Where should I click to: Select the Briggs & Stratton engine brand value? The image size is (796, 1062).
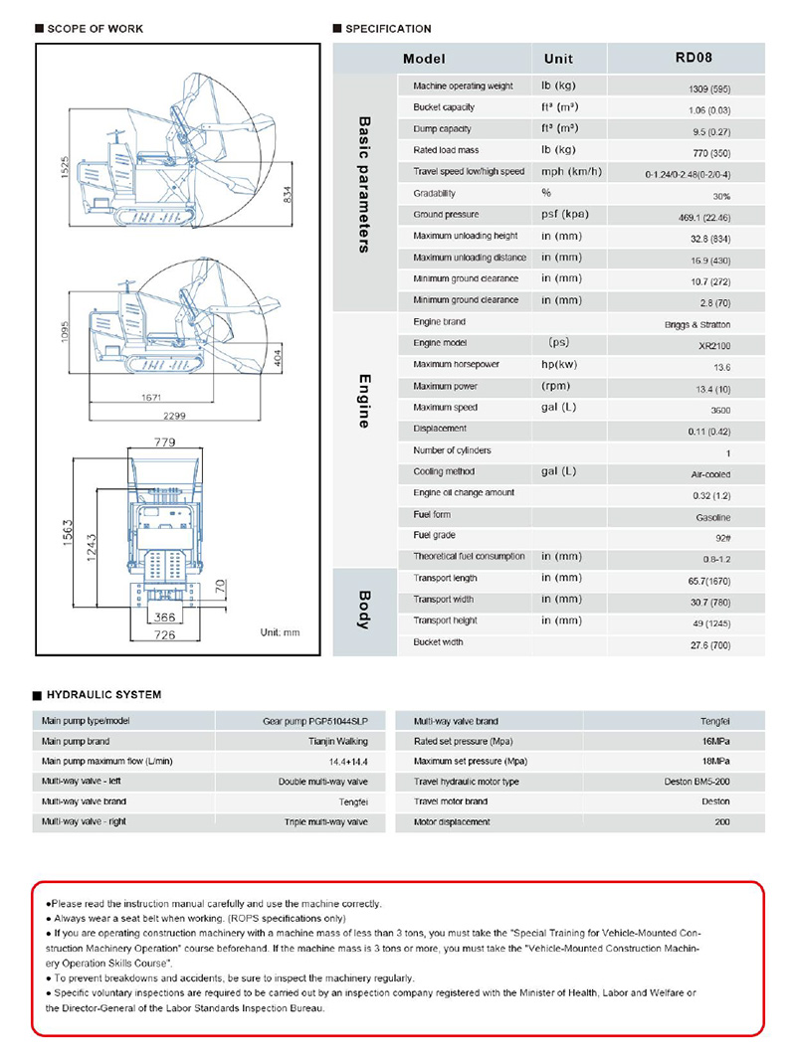(x=696, y=324)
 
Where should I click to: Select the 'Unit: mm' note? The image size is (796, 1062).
(x=280, y=632)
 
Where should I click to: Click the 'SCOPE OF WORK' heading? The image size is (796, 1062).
(x=96, y=29)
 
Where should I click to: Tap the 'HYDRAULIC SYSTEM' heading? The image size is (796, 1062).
(x=103, y=695)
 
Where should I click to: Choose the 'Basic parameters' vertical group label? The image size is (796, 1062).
(x=364, y=185)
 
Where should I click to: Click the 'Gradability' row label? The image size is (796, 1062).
(x=435, y=194)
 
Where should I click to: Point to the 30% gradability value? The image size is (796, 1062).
(x=719, y=196)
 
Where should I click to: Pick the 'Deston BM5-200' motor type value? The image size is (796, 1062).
(x=697, y=782)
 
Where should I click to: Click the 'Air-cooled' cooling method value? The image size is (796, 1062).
(x=710, y=475)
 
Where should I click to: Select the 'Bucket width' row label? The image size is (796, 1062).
(x=438, y=642)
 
